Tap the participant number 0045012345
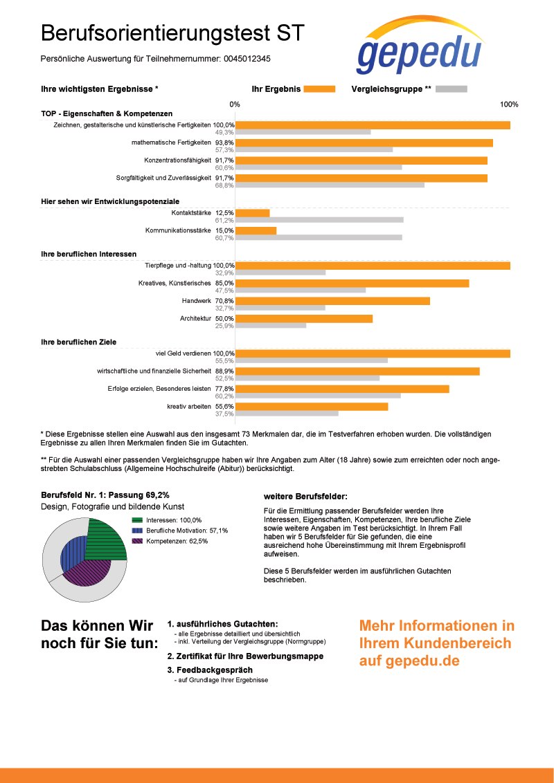pos(247,59)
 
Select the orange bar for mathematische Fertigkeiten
pos(364,142)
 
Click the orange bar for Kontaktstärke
pos(252,213)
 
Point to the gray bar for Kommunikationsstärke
pos(319,238)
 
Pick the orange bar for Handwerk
pos(332,301)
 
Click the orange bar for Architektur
pos(303,319)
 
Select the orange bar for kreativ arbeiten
pos(312,407)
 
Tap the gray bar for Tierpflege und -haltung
pos(280,273)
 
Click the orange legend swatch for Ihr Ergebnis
pos(319,89)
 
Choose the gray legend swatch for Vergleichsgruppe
pos(451,89)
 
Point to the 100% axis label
pos(509,104)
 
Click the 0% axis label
pos(235,104)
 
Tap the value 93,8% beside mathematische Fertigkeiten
pos(224,142)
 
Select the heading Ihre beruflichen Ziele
pos(78,342)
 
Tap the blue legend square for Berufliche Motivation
pos(138,531)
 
